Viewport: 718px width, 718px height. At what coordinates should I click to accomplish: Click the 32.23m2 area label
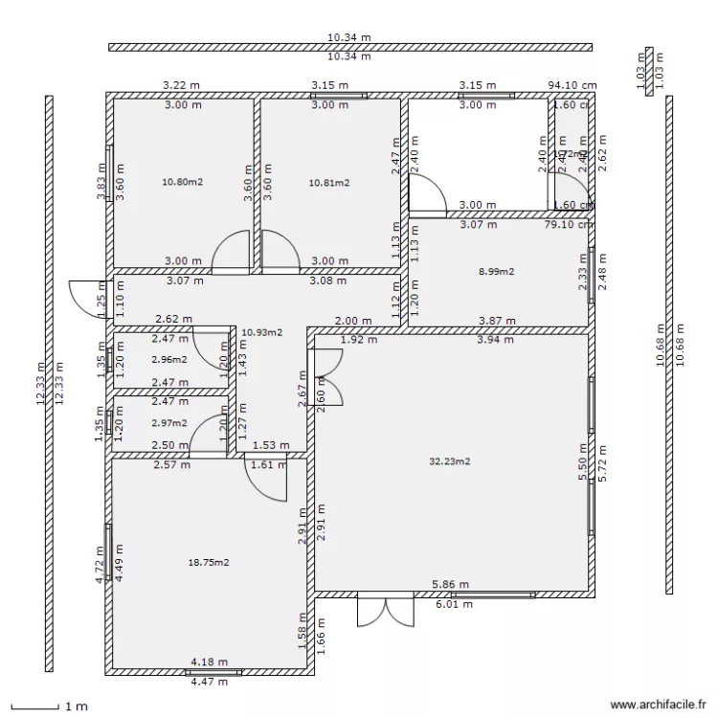(450, 460)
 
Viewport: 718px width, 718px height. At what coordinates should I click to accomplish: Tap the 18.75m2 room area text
(209, 563)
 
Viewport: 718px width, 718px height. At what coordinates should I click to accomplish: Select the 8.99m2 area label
(496, 272)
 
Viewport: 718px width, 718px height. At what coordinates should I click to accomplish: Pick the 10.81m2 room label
(328, 181)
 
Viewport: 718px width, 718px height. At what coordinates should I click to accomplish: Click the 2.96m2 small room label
(169, 360)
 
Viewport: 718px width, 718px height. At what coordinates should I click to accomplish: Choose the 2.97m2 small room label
(169, 422)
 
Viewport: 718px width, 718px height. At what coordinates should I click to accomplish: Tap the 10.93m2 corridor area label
(261, 332)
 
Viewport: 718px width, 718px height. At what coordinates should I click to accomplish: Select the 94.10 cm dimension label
(571, 85)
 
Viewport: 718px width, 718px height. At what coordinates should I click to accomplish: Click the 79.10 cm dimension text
(571, 226)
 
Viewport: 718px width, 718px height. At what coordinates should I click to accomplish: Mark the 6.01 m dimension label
(454, 604)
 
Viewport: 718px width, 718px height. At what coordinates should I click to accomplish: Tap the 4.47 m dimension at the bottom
(209, 682)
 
